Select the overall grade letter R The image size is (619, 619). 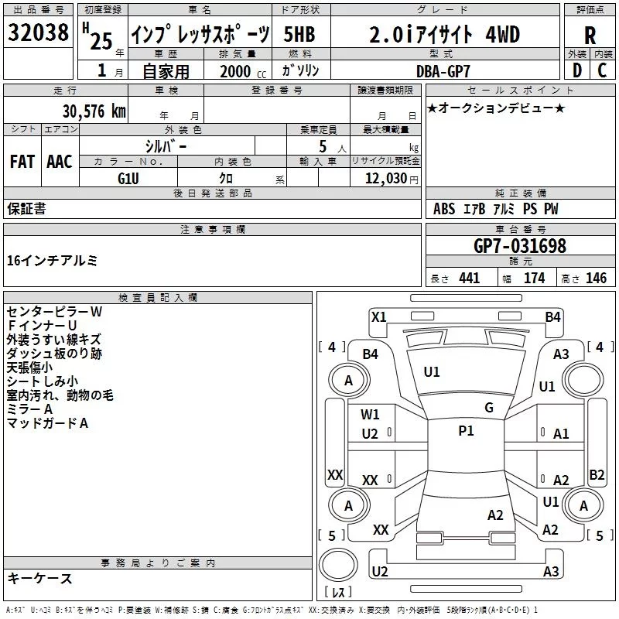590,36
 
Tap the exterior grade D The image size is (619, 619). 576,70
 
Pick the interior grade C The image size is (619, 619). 602,70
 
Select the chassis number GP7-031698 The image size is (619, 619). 520,246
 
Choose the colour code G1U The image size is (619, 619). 128,177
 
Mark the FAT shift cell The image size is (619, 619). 22,162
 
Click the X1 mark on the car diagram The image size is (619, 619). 379,316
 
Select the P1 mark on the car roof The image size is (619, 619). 466,431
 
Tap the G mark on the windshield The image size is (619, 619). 489,408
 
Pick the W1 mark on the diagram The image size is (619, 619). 370,415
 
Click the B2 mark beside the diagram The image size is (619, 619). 597,474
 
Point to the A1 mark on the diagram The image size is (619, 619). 561,435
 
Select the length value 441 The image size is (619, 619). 470,279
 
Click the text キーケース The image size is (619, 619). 39,579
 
